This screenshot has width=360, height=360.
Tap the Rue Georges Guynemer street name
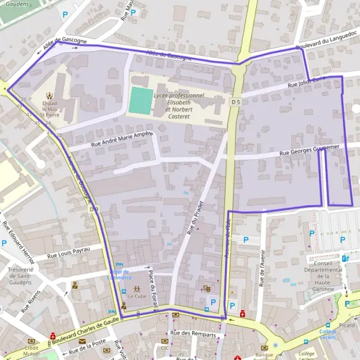(x=310, y=150)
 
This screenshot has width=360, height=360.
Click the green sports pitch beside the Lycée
(x=140, y=100)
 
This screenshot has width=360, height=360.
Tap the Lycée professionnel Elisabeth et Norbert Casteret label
(x=178, y=103)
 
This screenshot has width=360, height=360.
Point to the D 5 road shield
(x=235, y=102)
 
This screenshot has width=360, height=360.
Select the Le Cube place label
(x=137, y=296)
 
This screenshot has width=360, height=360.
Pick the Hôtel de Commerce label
(x=119, y=274)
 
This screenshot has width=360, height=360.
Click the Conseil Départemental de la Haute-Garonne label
(x=327, y=275)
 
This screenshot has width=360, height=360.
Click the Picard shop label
(x=346, y=325)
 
